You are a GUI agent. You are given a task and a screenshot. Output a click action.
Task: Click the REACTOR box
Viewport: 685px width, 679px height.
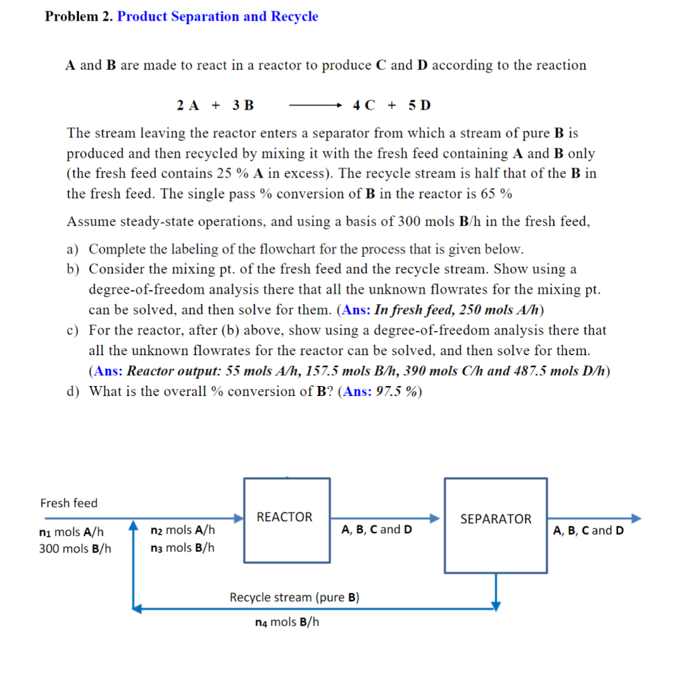(286, 520)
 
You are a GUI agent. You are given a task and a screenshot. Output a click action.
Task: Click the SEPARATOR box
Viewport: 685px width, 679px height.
(496, 525)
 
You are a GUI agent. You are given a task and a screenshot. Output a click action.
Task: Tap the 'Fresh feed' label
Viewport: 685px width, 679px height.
(69, 503)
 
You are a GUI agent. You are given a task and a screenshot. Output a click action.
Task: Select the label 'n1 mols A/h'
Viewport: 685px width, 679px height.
(72, 532)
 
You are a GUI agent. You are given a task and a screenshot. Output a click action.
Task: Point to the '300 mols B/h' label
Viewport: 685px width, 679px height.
(75, 549)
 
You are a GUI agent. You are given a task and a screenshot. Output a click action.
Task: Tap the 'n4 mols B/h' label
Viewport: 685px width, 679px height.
(287, 622)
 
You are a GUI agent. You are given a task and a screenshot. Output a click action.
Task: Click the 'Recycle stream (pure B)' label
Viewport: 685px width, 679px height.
(294, 597)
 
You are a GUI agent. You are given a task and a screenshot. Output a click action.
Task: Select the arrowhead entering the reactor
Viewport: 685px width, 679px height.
(238, 518)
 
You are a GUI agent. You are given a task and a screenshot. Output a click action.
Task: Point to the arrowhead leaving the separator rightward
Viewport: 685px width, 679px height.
(635, 518)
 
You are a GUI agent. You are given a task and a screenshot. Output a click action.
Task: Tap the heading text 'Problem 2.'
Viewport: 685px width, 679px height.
(79, 17)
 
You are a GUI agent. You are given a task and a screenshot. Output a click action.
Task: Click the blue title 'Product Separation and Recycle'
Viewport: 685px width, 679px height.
(217, 17)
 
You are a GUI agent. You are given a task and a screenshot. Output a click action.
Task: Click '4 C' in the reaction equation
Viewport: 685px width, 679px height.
(364, 105)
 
